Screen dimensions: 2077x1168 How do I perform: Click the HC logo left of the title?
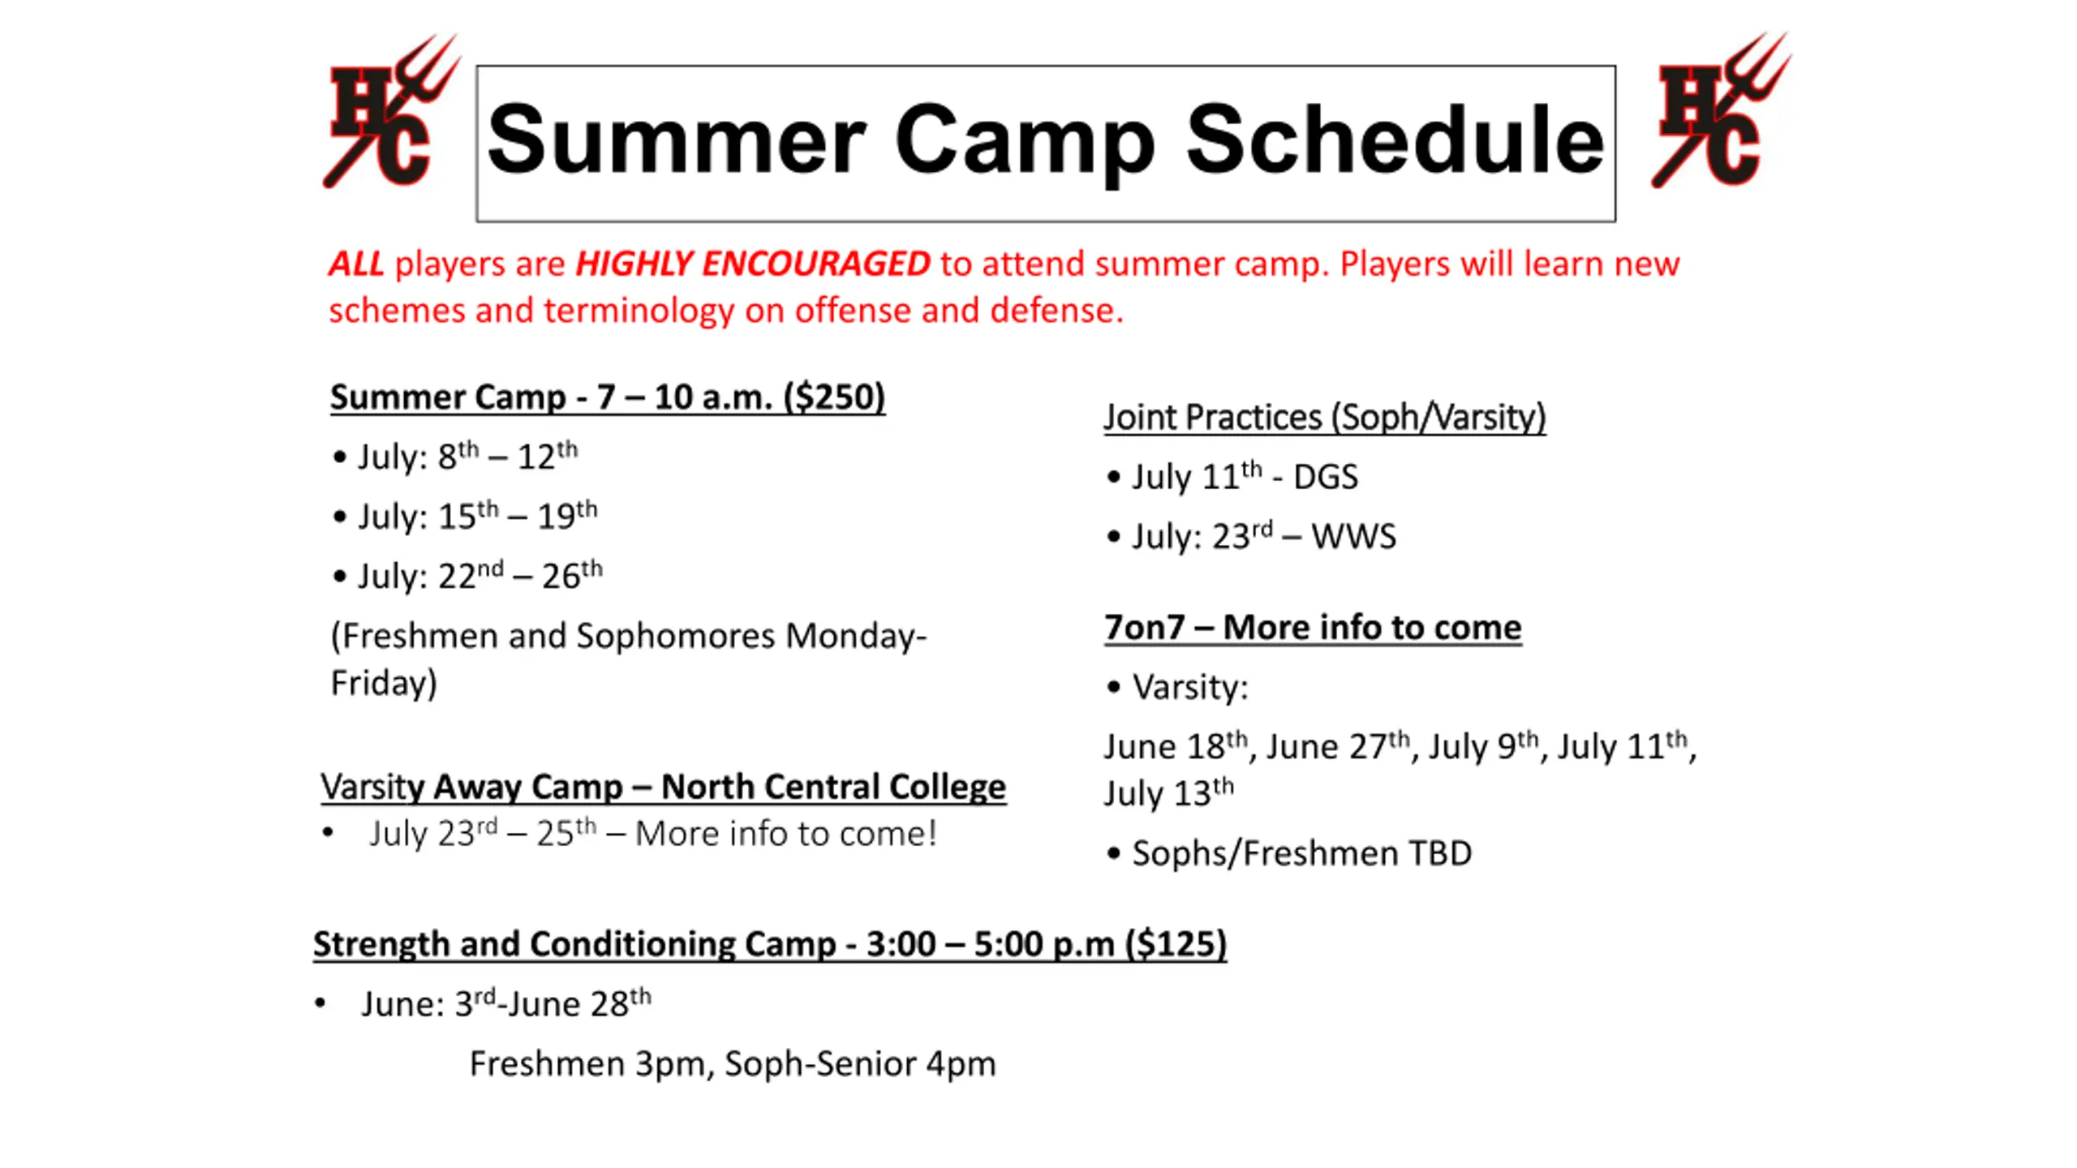coord(392,111)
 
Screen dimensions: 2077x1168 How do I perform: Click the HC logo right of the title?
coord(1721,110)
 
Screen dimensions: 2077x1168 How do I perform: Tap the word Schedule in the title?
coord(1395,140)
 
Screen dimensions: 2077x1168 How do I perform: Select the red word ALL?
coord(356,264)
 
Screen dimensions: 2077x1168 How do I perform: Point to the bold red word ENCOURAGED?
coord(815,264)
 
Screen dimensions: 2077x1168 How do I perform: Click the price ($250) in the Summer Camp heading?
coord(834,397)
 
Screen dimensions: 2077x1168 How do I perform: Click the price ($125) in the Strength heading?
coord(1176,944)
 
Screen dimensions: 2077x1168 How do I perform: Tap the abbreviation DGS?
coord(1326,477)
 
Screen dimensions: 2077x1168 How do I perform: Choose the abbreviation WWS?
coord(1353,537)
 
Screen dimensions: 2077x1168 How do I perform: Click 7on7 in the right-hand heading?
coord(1144,628)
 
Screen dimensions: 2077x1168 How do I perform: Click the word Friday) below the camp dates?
coord(384,683)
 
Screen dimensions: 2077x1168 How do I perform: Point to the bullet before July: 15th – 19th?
coord(340,517)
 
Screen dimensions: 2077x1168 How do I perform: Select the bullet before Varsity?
coord(1114,687)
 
